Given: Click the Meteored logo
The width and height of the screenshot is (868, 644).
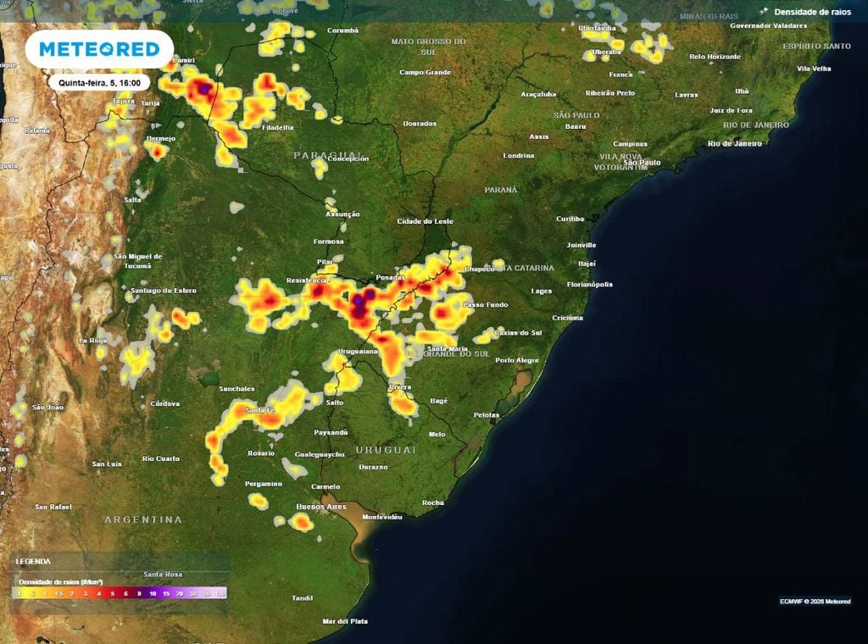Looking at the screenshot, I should pyautogui.click(x=99, y=49).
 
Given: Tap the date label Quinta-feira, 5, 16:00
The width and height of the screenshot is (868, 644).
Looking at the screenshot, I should pyautogui.click(x=99, y=82).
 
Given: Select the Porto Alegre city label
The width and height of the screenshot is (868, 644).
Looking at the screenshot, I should pyautogui.click(x=516, y=360).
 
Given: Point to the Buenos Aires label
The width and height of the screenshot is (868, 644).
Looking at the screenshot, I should pyautogui.click(x=320, y=507).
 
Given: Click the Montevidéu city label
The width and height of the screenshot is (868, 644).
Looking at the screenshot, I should pyautogui.click(x=381, y=516).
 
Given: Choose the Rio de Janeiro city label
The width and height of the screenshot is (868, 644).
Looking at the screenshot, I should pyautogui.click(x=735, y=143).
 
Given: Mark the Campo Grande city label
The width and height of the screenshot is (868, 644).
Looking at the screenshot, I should pyautogui.click(x=425, y=72).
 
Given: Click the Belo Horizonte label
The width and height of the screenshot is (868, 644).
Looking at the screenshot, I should pyautogui.click(x=715, y=57).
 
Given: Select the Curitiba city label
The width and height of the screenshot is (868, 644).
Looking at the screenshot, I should pyautogui.click(x=570, y=219).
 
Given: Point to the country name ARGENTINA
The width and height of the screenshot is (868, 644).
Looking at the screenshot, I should pyautogui.click(x=143, y=519).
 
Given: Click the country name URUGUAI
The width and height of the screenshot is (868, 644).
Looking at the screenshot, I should pyautogui.click(x=386, y=449).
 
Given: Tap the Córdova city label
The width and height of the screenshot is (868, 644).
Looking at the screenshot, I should pyautogui.click(x=164, y=403).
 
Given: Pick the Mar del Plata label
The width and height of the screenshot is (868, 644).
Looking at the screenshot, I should pyautogui.click(x=345, y=621).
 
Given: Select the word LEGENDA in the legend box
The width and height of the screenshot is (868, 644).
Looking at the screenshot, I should pyautogui.click(x=34, y=561).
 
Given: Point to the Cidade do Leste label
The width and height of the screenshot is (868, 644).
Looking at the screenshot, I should pyautogui.click(x=426, y=221).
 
